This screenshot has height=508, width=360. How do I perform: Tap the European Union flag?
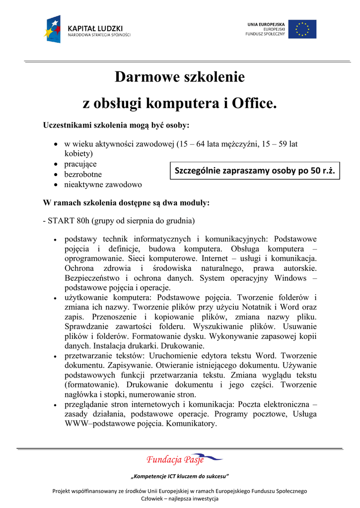pos(302,29)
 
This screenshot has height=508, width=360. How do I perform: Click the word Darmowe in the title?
pos(144,77)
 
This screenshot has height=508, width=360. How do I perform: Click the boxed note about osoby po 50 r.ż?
pos(255,171)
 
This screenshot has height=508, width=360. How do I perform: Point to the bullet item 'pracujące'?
pos(80,164)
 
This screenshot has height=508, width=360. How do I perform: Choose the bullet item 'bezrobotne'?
pos(83,175)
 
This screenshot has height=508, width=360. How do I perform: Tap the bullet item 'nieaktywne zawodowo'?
pos(103,185)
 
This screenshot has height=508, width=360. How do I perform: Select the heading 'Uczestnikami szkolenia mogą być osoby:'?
pos(117,124)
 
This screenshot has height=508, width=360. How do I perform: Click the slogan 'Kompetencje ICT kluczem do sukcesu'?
pos(180,477)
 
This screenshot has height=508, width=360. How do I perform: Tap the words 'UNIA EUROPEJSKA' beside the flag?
pos(266,24)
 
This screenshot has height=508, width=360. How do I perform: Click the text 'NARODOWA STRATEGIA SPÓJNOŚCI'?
pos(99,35)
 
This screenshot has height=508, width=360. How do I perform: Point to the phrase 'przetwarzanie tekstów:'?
pos(102,356)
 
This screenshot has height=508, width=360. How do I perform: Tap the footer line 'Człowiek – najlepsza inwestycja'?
pos(180,499)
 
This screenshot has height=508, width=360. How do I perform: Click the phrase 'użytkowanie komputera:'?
pos(109,298)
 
